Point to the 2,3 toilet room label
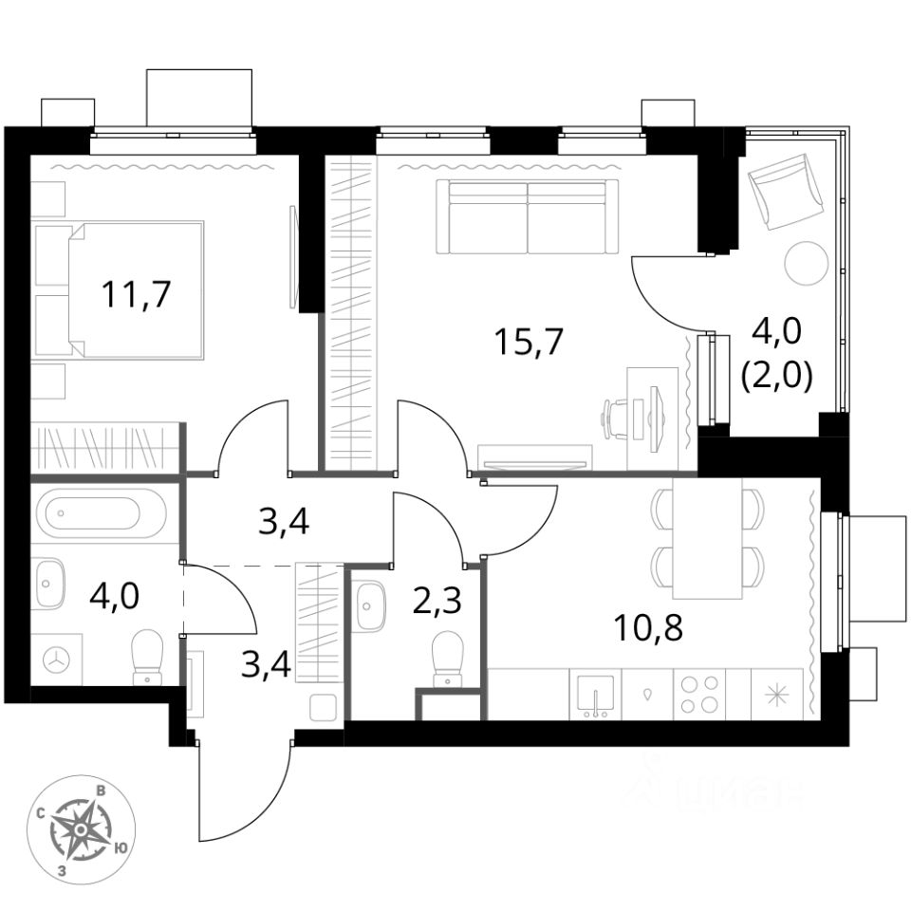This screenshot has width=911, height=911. click(437, 603)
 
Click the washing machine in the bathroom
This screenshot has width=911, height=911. click(56, 659)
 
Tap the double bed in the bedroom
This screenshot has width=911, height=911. click(121, 289)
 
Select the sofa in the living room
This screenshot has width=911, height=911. click(527, 216)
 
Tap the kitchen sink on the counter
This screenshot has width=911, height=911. click(595, 694)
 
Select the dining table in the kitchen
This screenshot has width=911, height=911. click(707, 539)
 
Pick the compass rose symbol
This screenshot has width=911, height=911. click(81, 829)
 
